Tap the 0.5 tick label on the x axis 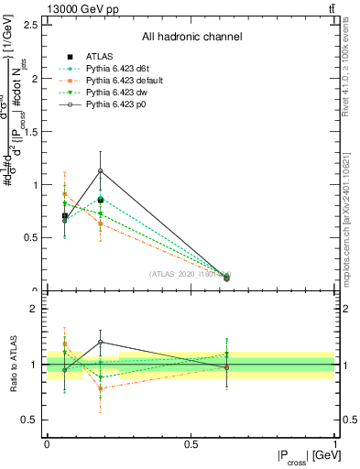click(191, 444)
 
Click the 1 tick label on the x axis click(334, 444)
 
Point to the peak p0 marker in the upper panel click(101, 171)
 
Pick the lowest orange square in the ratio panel click(101, 388)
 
